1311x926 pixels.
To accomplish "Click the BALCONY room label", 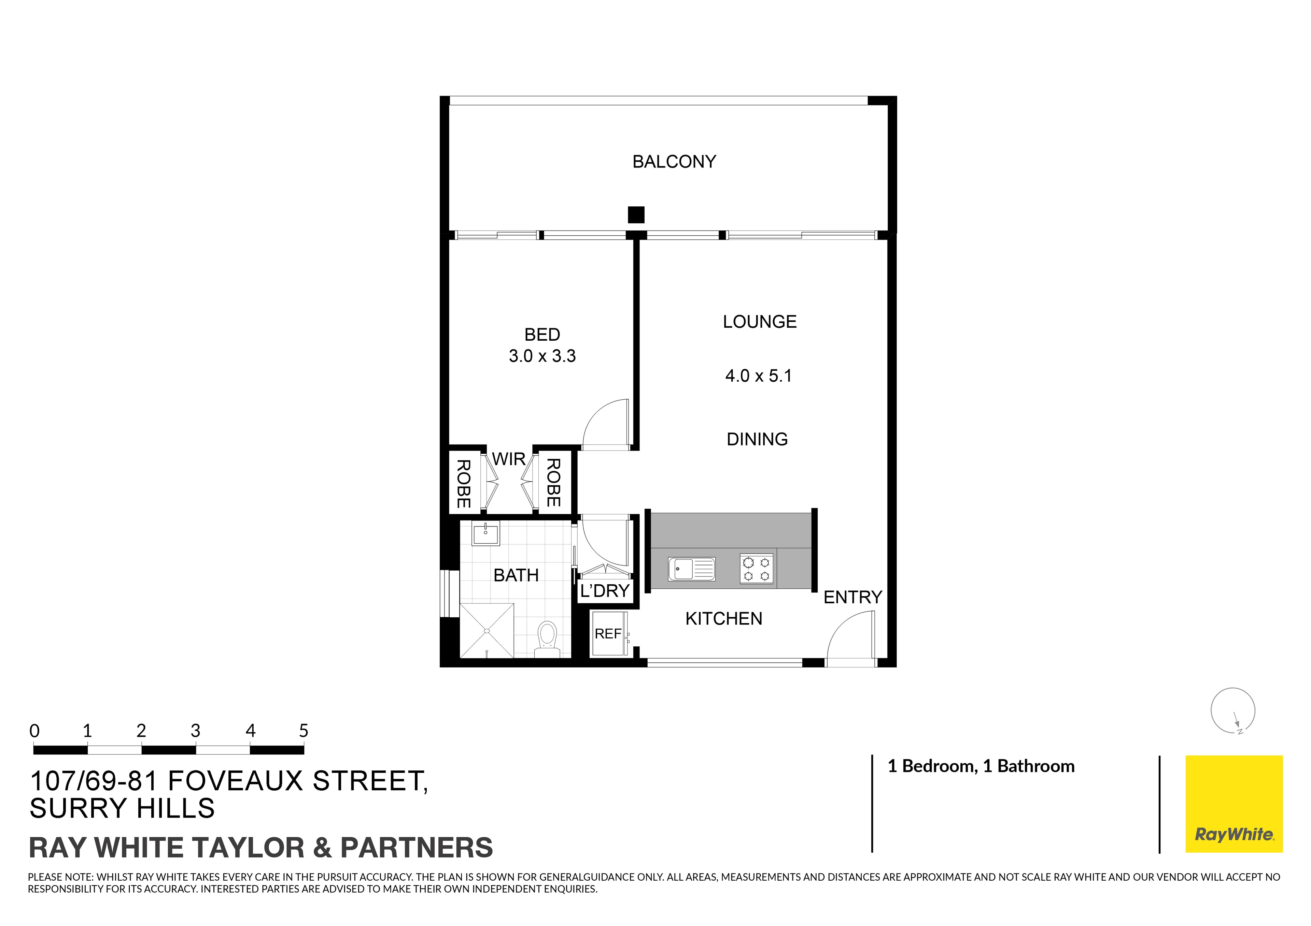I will [674, 162].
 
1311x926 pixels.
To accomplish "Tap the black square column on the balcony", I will [636, 215].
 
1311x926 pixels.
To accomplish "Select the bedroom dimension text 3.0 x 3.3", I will [542, 356].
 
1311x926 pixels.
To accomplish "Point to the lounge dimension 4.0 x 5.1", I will [758, 376].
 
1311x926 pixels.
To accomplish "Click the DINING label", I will [757, 439].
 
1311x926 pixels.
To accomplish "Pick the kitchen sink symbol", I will [691, 569].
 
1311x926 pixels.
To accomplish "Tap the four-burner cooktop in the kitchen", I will [757, 569].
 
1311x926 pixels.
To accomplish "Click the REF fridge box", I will [608, 634].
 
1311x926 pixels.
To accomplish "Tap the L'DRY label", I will [605, 591].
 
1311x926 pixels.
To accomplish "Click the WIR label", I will [508, 459].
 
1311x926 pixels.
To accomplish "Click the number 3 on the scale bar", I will [195, 731].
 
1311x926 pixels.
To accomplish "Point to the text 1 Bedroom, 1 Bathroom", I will [981, 766].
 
